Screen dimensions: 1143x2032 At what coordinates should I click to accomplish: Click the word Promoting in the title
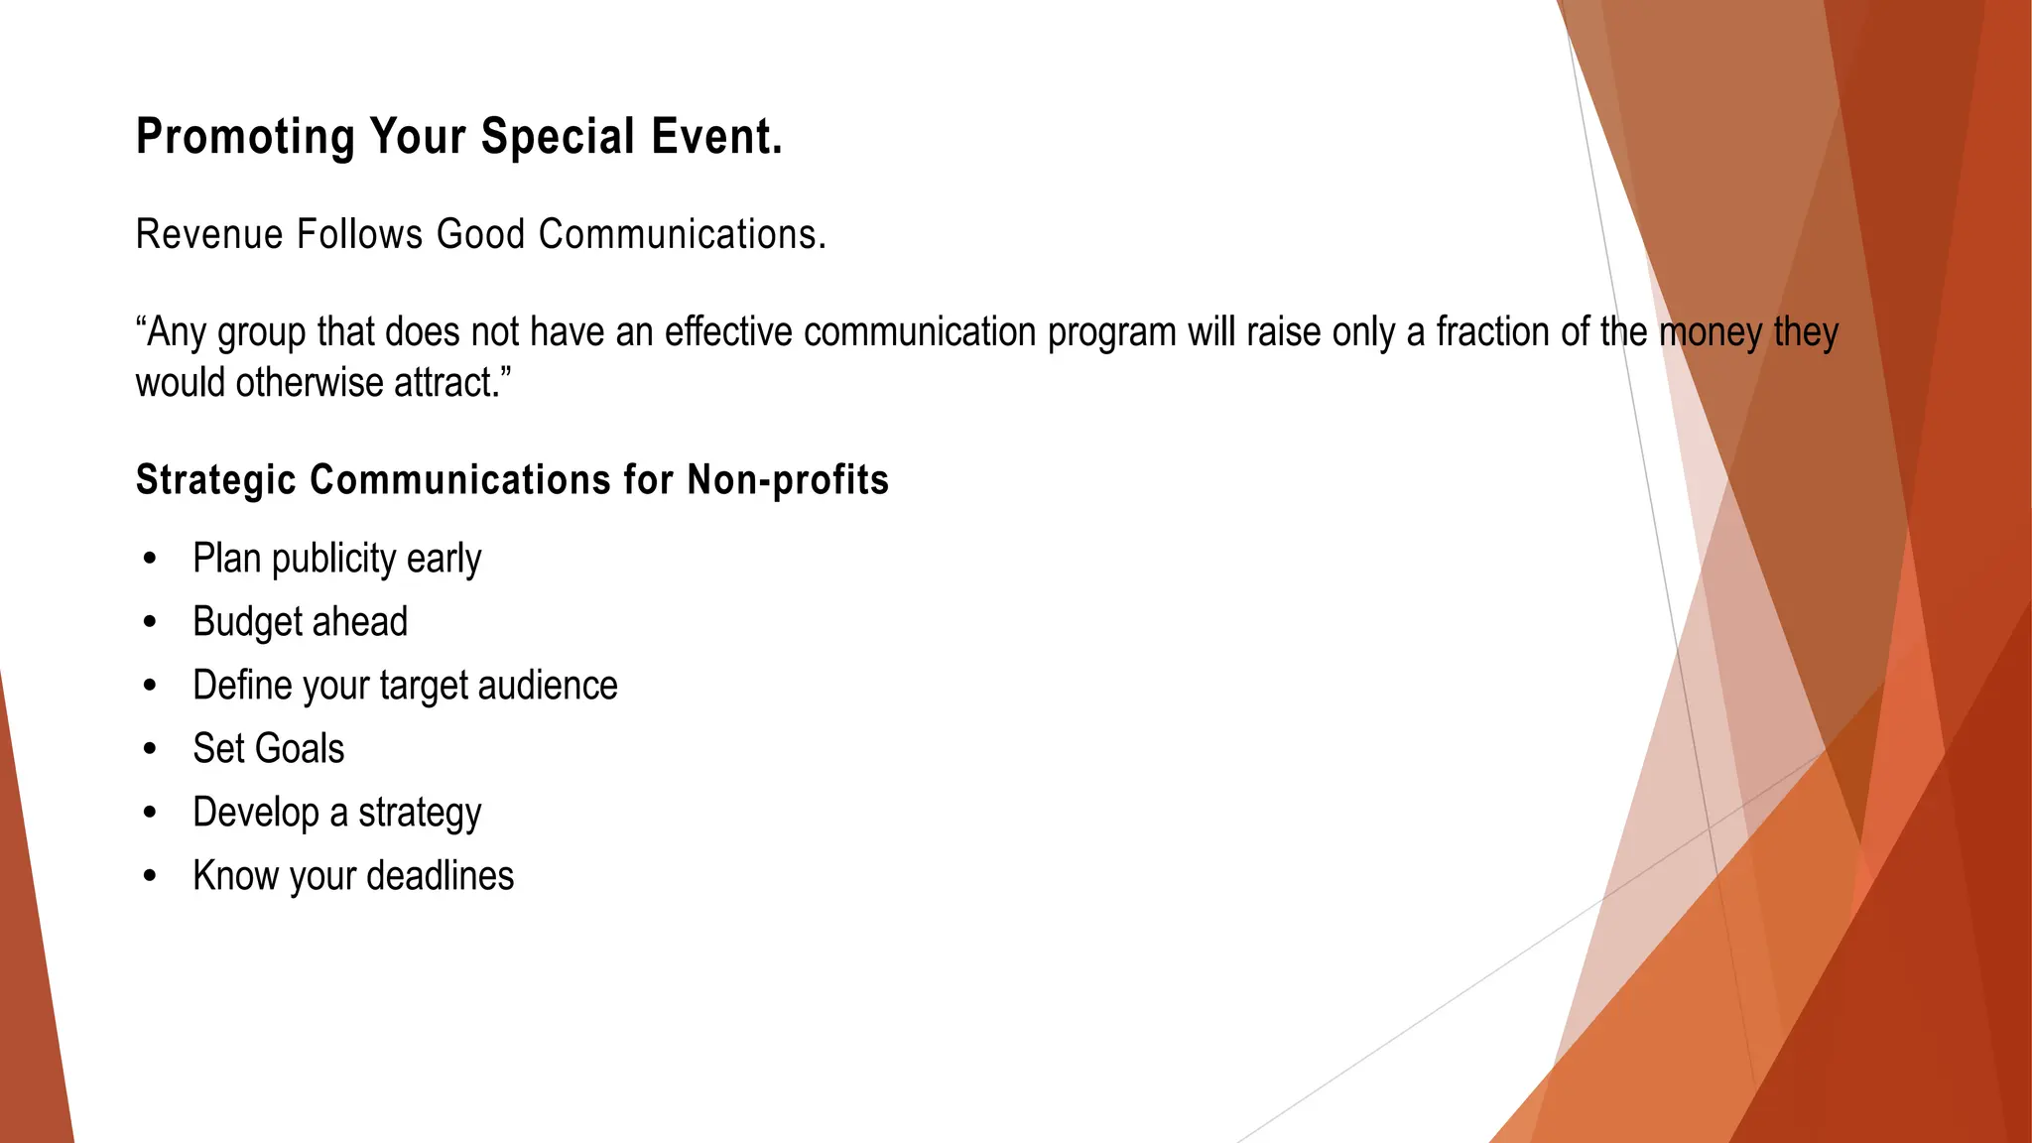[245, 137]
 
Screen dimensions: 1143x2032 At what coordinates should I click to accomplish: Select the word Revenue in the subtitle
[209, 235]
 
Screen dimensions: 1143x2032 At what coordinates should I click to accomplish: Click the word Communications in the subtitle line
[682, 235]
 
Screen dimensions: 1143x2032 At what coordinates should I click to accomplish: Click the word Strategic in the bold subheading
[216, 480]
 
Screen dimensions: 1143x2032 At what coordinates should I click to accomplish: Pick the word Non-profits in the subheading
[788, 480]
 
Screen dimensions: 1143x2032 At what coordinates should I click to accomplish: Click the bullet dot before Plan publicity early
[150, 560]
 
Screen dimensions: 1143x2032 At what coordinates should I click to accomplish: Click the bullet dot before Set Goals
[150, 750]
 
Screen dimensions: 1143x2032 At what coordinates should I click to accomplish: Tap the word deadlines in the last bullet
[441, 876]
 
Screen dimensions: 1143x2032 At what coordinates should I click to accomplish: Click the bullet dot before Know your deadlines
[150, 877]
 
